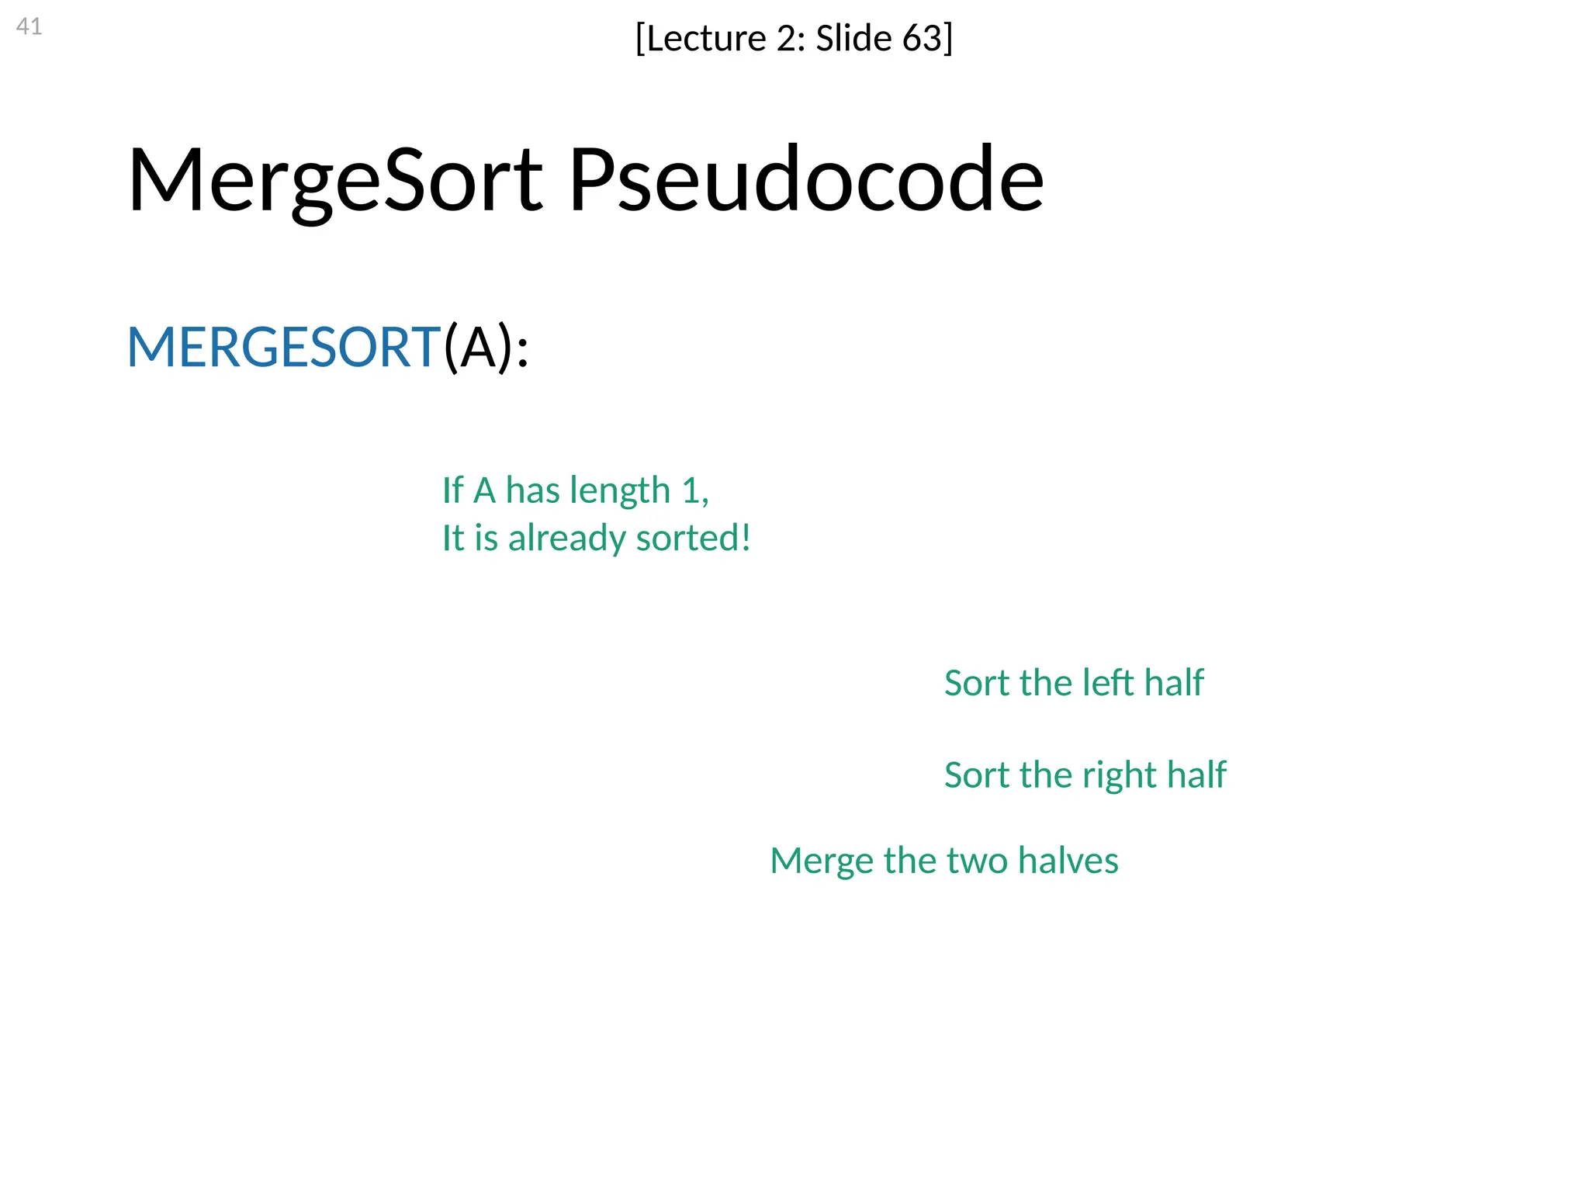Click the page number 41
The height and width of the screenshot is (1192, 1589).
29,26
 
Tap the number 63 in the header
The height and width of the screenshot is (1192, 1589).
921,38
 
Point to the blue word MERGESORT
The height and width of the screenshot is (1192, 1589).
283,347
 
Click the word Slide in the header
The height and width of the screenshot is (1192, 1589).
853,38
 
